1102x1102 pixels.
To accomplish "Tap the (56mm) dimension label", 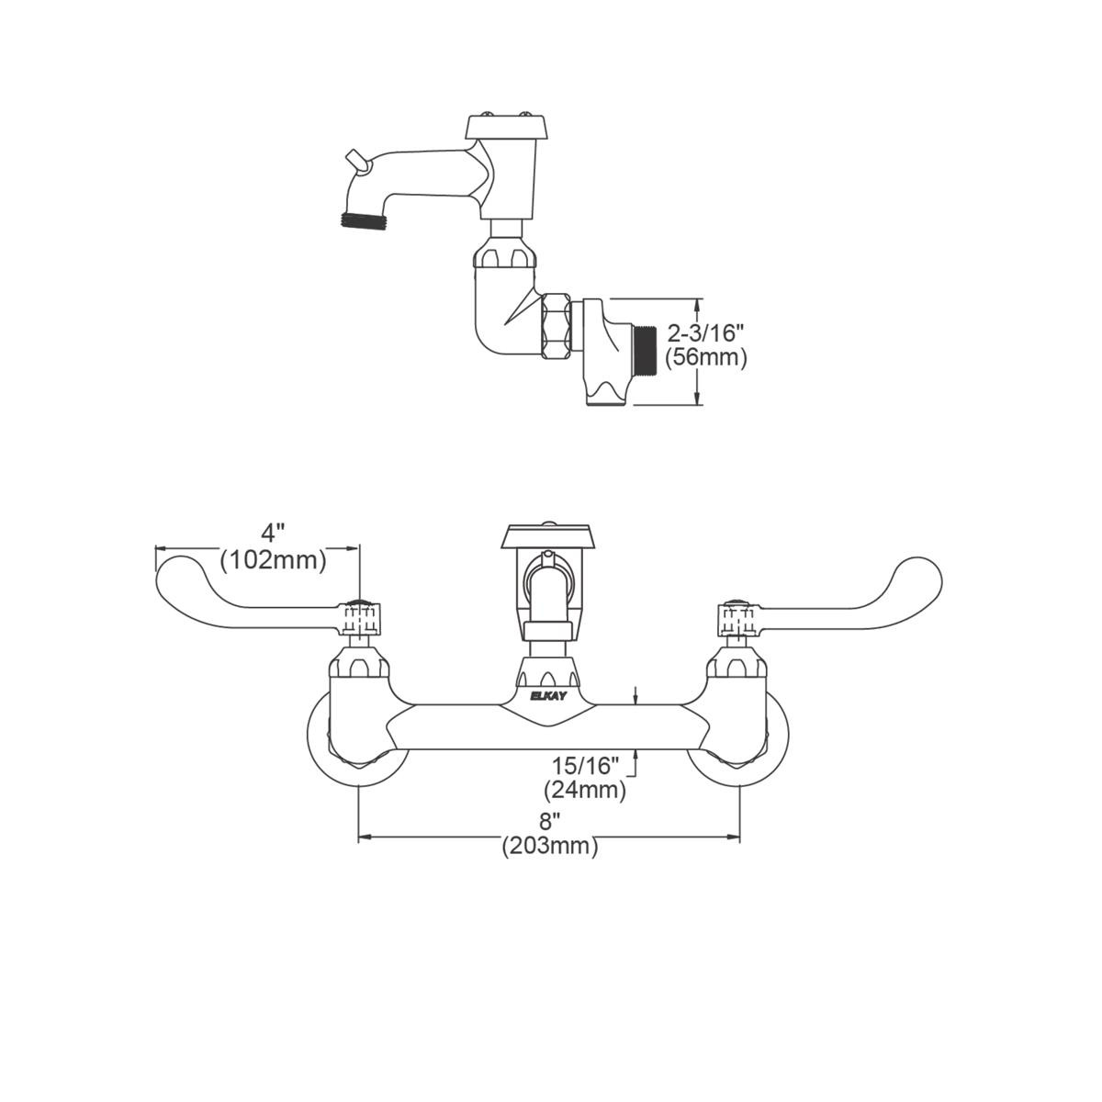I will pyautogui.click(x=705, y=357).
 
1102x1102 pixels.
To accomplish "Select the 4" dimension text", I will pyautogui.click(x=273, y=532).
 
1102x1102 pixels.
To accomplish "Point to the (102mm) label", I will pyautogui.click(x=273, y=558).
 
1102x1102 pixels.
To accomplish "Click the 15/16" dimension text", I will pyautogui.click(x=586, y=764).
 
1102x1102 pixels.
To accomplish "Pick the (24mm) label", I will pyautogui.click(x=585, y=788).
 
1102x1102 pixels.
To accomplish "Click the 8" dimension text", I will pyautogui.click(x=549, y=821).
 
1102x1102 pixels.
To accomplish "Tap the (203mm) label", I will pyautogui.click(x=549, y=846).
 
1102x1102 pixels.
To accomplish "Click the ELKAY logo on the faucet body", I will pyautogui.click(x=549, y=696).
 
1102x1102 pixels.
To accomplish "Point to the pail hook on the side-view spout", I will pyautogui.click(x=356, y=162).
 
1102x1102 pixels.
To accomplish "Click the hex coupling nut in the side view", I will pyautogui.click(x=556, y=325).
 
